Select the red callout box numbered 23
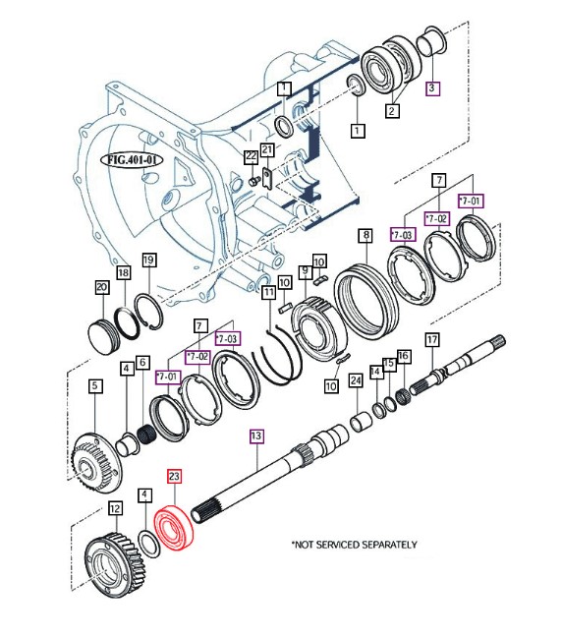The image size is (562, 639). pyautogui.click(x=174, y=476)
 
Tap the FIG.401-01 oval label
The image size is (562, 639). pyautogui.click(x=132, y=159)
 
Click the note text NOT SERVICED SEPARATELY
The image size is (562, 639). pyautogui.click(x=355, y=545)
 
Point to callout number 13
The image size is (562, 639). pyautogui.click(x=256, y=436)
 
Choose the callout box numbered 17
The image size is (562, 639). pyautogui.click(x=432, y=339)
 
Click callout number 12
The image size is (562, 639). pyautogui.click(x=116, y=508)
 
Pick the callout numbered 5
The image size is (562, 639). pyautogui.click(x=95, y=385)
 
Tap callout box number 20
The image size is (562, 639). pyautogui.click(x=102, y=287)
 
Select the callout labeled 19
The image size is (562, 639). pyautogui.click(x=149, y=260)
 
